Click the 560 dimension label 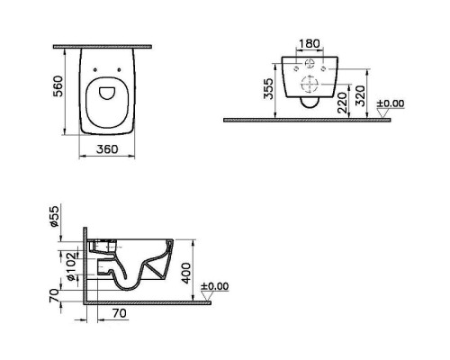58,86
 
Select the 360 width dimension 107,149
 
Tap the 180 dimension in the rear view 310,44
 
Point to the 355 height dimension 268,88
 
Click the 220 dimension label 343,103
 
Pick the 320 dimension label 360,96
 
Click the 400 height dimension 186,274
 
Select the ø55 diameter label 54,216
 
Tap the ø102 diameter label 71,266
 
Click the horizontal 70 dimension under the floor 120,313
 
